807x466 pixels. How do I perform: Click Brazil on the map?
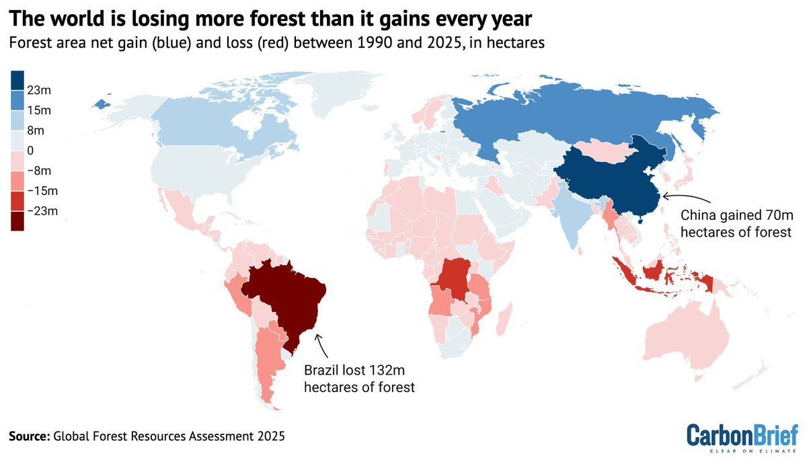tap(286, 296)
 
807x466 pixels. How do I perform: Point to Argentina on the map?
tap(269, 363)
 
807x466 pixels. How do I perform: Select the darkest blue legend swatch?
tap(18, 80)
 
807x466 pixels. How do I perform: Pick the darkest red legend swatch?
tap(18, 221)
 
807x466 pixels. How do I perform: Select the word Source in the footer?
tap(28, 436)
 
